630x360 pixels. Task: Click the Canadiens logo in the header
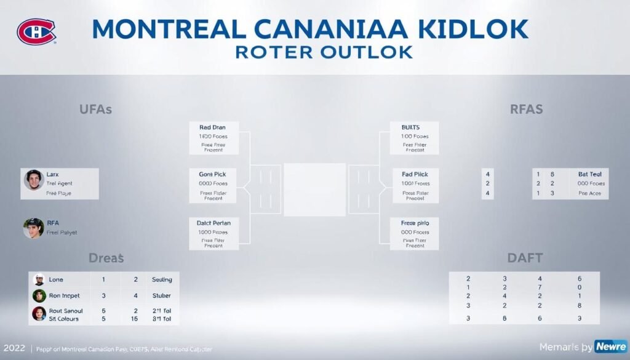point(36,31)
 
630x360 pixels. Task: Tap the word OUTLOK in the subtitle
point(368,52)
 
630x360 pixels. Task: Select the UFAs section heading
point(95,110)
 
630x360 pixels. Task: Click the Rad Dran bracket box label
point(213,127)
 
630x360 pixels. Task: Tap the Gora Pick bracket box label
point(213,174)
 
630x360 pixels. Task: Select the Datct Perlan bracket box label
point(213,222)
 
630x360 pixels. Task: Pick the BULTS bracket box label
point(414,127)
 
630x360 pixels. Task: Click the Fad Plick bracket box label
point(414,174)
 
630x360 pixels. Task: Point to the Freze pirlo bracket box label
point(415,222)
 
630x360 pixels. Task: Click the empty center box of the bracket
point(314,189)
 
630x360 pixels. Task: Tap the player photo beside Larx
point(33,180)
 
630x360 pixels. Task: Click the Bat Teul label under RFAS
point(590,174)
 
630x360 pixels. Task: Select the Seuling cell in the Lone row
point(162,279)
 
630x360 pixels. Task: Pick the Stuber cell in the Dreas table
point(161,295)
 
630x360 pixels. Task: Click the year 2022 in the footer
point(14,348)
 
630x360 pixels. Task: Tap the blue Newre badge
point(611,346)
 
